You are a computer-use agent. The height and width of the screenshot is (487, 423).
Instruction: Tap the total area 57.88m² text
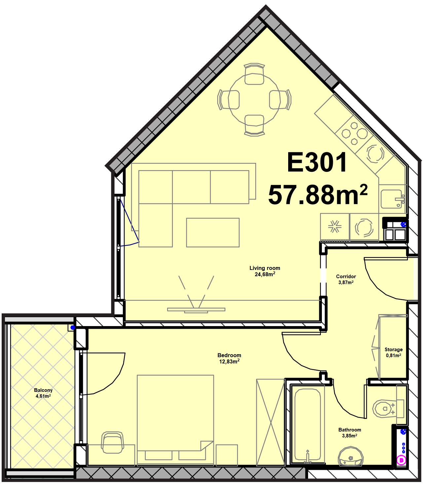tap(318, 195)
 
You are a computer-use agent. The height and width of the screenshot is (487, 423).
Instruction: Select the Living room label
tap(265, 268)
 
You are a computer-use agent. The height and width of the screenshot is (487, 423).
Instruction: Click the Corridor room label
tap(346, 276)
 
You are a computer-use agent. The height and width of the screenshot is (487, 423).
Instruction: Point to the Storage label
tap(394, 350)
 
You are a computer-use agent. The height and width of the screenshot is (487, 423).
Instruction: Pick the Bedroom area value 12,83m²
tap(229, 361)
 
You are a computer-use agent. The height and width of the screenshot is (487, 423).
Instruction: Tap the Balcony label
tap(43, 390)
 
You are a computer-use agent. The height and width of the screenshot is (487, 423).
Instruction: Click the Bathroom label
tap(350, 430)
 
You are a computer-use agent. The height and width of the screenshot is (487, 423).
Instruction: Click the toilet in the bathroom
tap(388, 409)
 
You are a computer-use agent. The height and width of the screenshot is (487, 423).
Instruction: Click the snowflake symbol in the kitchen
tap(334, 226)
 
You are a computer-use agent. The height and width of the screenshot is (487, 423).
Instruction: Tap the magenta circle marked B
tap(402, 461)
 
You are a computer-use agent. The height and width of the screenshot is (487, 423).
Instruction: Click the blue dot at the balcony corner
tap(73, 327)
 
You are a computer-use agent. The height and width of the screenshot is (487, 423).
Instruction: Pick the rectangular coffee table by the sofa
tap(212, 233)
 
